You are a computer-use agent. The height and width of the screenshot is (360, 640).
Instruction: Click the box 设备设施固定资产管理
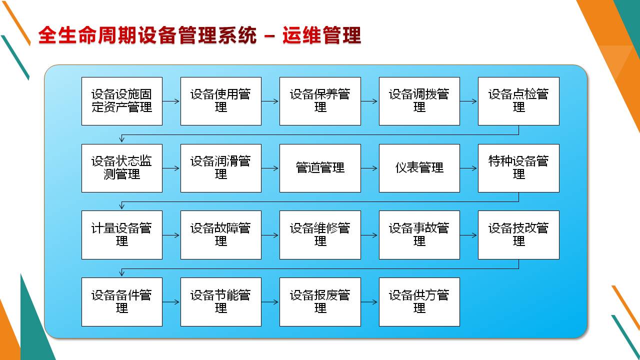tap(122, 101)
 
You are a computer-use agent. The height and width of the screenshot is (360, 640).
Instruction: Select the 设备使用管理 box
tap(220, 101)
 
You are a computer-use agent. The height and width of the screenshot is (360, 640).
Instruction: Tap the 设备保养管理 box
tap(320, 101)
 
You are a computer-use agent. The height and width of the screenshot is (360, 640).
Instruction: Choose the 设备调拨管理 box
tap(419, 101)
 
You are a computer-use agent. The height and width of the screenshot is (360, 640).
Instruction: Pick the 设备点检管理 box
tap(518, 101)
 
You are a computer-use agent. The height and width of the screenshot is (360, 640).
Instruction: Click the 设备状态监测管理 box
tap(122, 168)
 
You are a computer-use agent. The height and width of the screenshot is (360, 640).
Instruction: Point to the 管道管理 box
tap(320, 168)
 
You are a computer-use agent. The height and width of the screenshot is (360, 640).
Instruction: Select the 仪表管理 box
tap(419, 168)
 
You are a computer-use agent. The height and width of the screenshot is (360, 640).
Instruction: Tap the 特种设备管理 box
tap(518, 168)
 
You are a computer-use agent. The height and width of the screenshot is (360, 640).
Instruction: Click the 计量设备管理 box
tap(122, 235)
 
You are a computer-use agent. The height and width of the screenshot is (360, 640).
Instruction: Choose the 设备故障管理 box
tap(220, 235)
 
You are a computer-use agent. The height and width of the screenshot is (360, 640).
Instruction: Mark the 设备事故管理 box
tap(419, 235)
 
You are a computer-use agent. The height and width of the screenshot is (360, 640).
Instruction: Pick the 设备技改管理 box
tap(518, 235)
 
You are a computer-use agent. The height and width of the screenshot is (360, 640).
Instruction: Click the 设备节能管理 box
tap(220, 302)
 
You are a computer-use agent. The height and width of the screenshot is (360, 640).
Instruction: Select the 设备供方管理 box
tap(419, 302)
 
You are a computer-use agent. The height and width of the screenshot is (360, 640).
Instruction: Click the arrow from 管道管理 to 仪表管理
tap(369, 168)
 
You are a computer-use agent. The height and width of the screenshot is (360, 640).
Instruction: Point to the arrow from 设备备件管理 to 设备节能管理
tap(171, 302)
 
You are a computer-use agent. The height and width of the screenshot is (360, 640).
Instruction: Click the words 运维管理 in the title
tap(321, 36)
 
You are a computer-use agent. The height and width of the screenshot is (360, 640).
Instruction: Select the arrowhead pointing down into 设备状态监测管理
tap(122, 139)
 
